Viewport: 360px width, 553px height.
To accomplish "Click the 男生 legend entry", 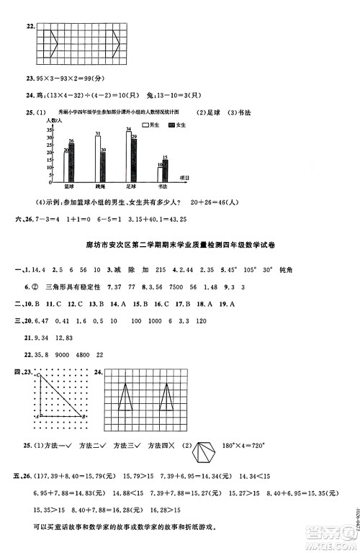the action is click(x=148, y=125).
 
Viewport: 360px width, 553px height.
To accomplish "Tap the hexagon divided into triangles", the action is click(x=207, y=453).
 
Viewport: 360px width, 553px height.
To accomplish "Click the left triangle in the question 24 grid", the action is click(x=125, y=397).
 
